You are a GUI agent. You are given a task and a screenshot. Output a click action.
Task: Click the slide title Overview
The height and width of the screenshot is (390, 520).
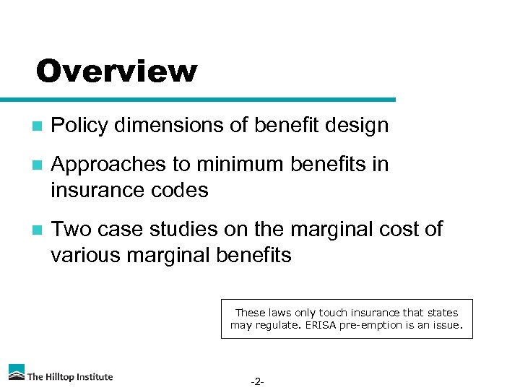coord(116,71)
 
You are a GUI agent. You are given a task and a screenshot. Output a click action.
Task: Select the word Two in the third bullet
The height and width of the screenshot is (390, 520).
coord(70,230)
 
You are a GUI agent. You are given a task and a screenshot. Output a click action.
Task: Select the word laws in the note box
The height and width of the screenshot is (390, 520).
coord(280,313)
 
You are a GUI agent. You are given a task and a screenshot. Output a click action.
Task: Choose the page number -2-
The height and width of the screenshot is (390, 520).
coord(257,381)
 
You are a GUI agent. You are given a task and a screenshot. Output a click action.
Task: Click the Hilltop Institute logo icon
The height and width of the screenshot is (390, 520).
coord(16,372)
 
